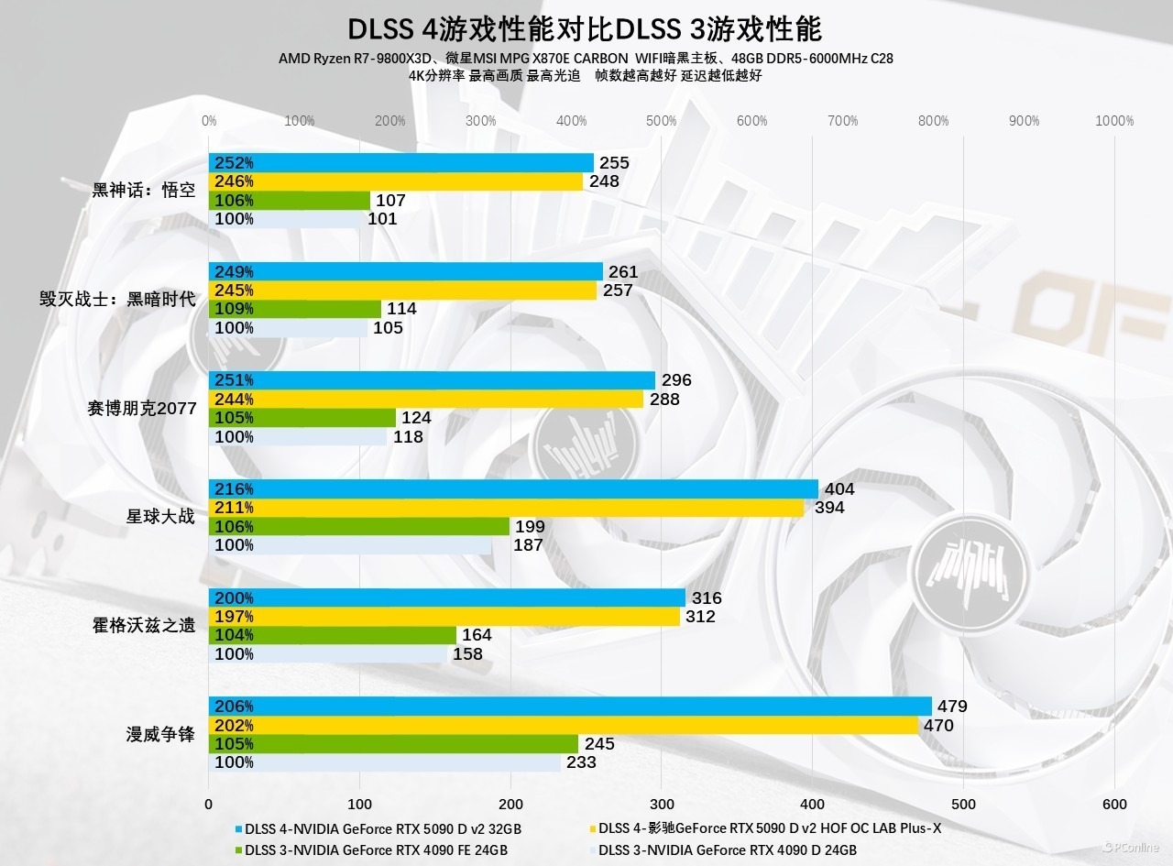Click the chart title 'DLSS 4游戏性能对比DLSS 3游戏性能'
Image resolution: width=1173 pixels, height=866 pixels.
coord(586,28)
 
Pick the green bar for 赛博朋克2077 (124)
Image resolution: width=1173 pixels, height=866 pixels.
coord(302,418)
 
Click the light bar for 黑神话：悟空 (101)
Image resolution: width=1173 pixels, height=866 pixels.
coord(285,219)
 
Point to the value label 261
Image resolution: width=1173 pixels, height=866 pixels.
coord(623,272)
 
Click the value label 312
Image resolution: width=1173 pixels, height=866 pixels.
coord(701,617)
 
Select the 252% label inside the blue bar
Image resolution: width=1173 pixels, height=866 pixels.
coord(234,163)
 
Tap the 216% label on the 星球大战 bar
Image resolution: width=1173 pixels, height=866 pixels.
coord(234,489)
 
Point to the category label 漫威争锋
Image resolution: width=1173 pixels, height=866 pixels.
coord(160,734)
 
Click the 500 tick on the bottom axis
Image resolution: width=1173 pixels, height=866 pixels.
coord(963,804)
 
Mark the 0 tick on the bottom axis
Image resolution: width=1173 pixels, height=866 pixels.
coord(209,804)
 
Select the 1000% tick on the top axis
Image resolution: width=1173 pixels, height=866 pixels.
coord(1114,121)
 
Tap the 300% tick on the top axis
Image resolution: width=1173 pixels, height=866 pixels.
coord(480,121)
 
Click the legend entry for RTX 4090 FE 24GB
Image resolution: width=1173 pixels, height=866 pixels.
coord(376,850)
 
